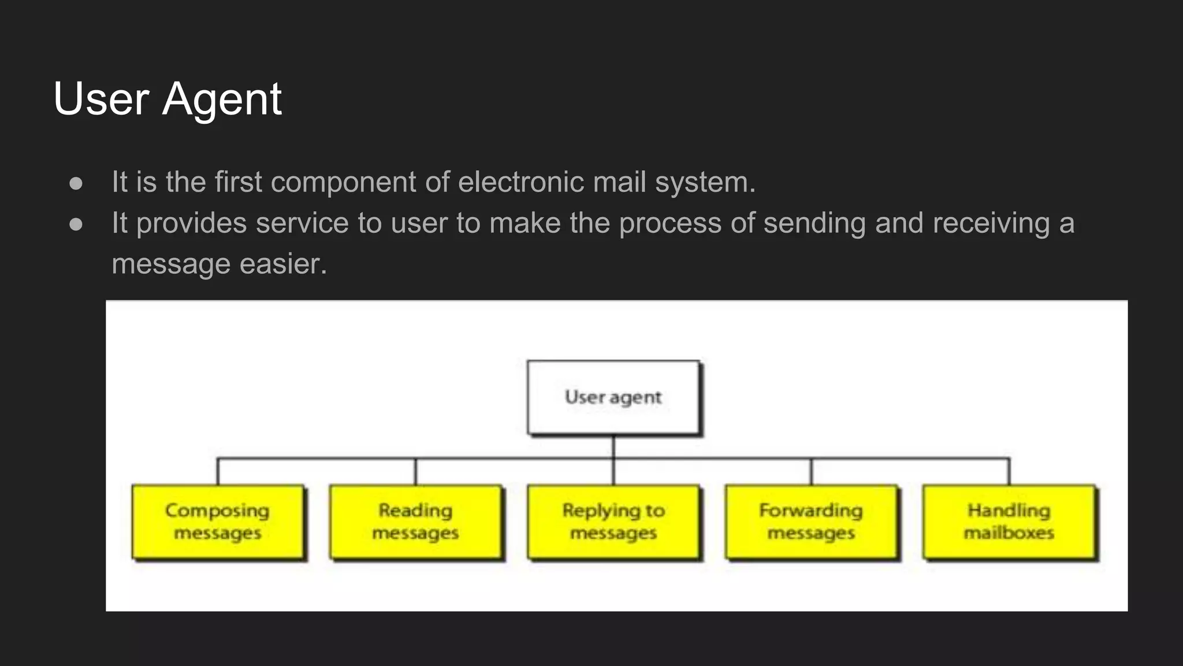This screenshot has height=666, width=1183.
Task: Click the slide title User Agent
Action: [167, 99]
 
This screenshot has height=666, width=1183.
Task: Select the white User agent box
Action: [613, 397]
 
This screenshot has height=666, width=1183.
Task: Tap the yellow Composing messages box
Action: [218, 521]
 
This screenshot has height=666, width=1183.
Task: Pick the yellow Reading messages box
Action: [415, 521]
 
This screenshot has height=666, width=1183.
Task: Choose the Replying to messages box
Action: [613, 521]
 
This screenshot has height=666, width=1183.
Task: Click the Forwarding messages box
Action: [810, 521]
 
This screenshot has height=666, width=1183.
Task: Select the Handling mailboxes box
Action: [1009, 521]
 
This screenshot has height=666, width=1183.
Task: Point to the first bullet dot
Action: [76, 183]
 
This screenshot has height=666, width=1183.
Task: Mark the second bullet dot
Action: [76, 224]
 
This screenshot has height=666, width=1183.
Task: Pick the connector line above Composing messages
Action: [218, 472]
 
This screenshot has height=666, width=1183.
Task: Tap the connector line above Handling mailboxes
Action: [1009, 472]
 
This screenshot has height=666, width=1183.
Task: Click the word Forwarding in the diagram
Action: [810, 510]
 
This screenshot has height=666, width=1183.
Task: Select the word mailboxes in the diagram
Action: [1009, 532]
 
